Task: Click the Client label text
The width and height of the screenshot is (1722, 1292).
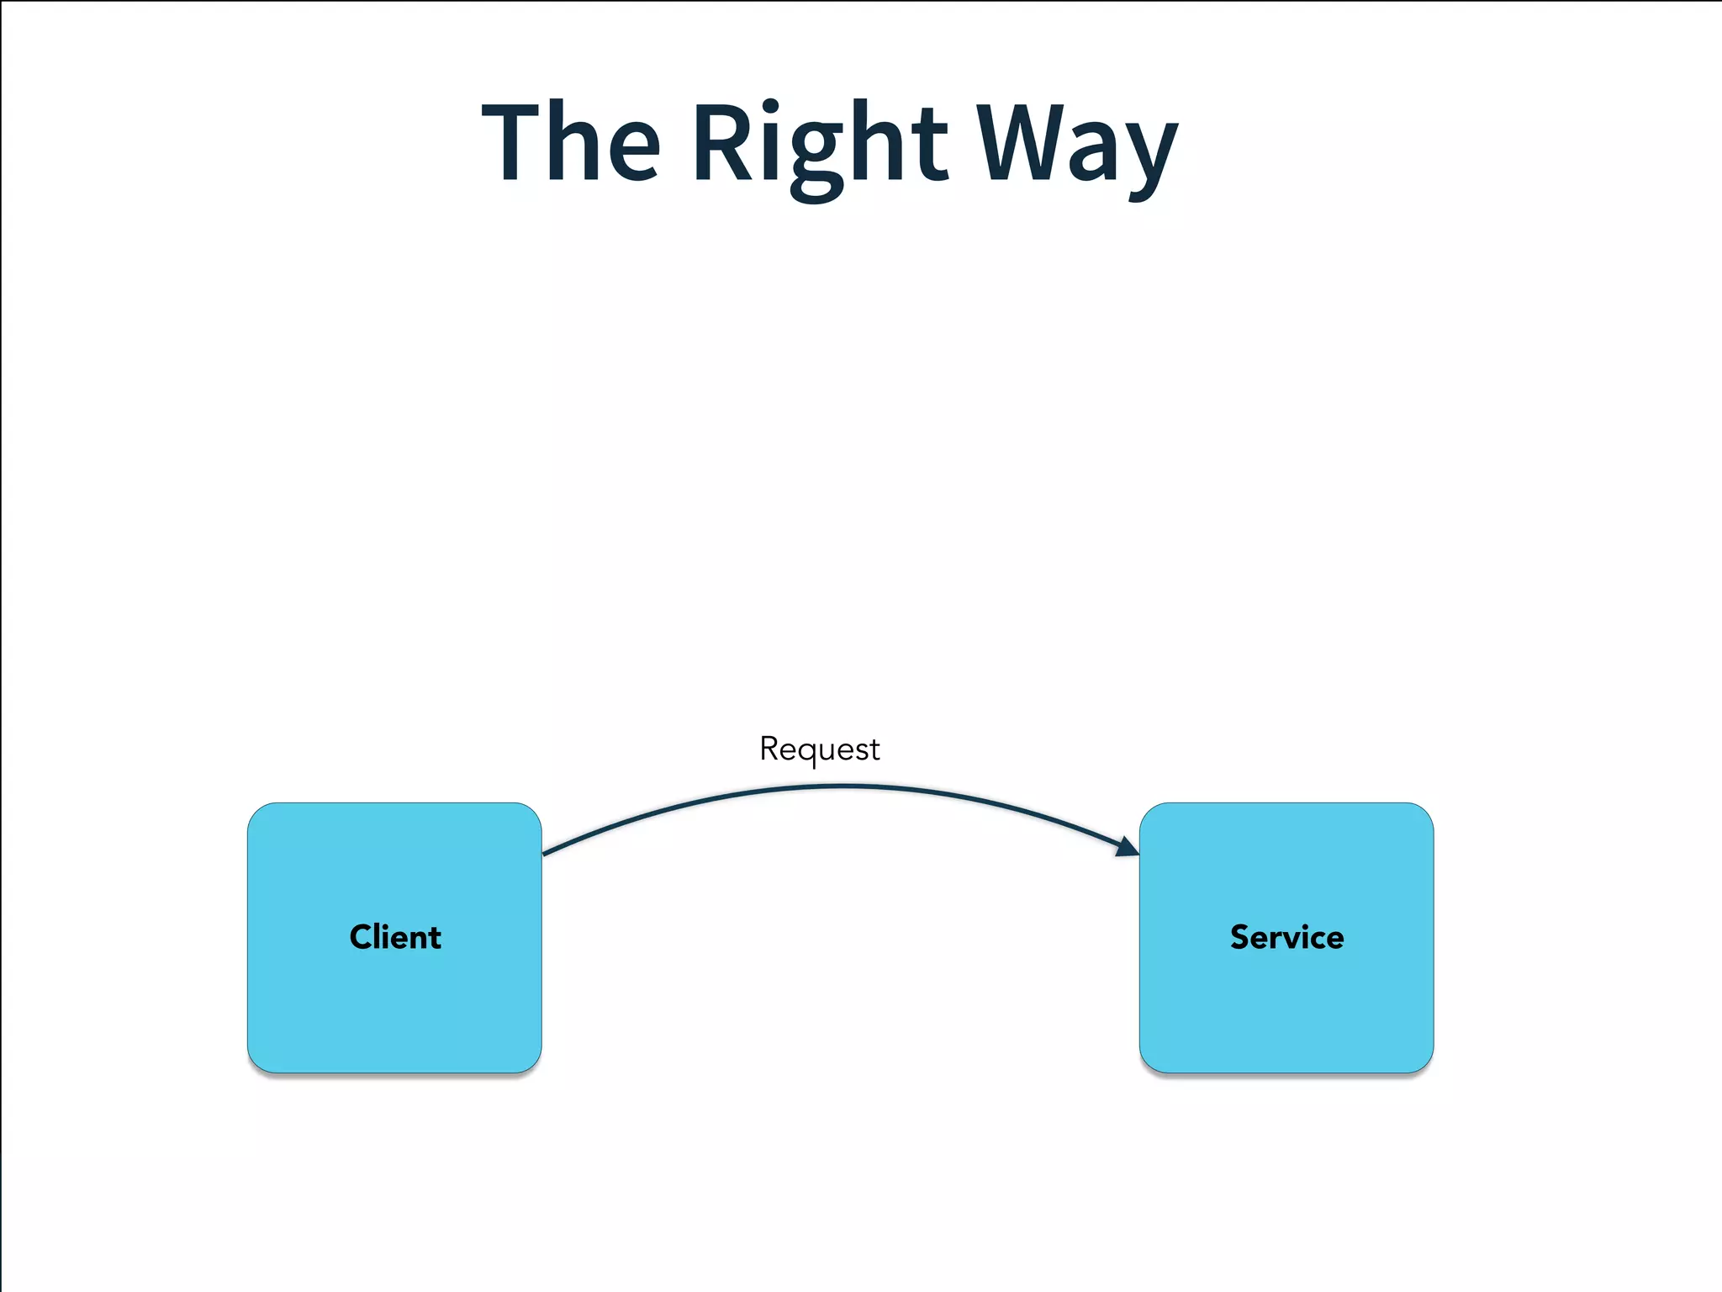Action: click(395, 937)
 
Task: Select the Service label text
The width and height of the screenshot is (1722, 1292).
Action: click(1286, 937)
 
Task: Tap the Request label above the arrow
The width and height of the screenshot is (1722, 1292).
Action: click(820, 749)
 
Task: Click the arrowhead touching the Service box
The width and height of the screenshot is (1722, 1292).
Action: click(1128, 848)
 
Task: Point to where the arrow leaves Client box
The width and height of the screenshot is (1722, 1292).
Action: click(545, 854)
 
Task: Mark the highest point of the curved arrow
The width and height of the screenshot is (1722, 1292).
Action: click(841, 786)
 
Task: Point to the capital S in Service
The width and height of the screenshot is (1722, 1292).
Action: click(1240, 937)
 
